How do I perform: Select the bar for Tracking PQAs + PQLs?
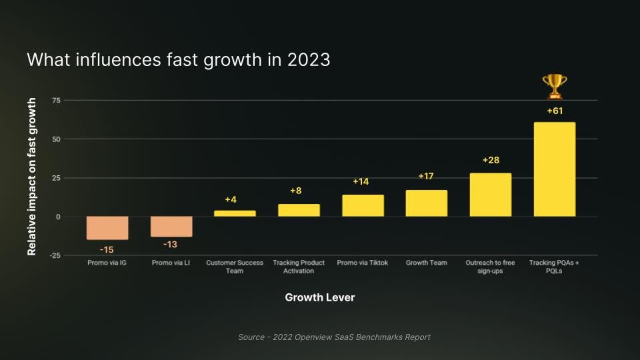[x=554, y=169]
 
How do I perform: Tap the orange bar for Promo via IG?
[x=107, y=228]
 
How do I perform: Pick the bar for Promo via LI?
[x=171, y=227]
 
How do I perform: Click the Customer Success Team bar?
[x=235, y=213]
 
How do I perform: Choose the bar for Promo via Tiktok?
[x=363, y=205]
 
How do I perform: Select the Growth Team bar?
[x=427, y=203]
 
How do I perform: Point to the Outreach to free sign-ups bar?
[x=490, y=195]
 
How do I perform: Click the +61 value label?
[x=555, y=111]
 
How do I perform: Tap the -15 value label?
[x=107, y=249]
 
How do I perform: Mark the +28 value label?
[x=491, y=160]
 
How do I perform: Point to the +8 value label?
[x=296, y=191]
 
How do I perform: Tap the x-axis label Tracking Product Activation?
[x=299, y=267]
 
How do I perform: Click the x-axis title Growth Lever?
[x=320, y=297]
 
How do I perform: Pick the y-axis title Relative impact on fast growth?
[x=32, y=177]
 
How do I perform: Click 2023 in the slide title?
[x=307, y=60]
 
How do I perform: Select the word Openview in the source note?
[x=311, y=337]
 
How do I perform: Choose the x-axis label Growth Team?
[x=427, y=263]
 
